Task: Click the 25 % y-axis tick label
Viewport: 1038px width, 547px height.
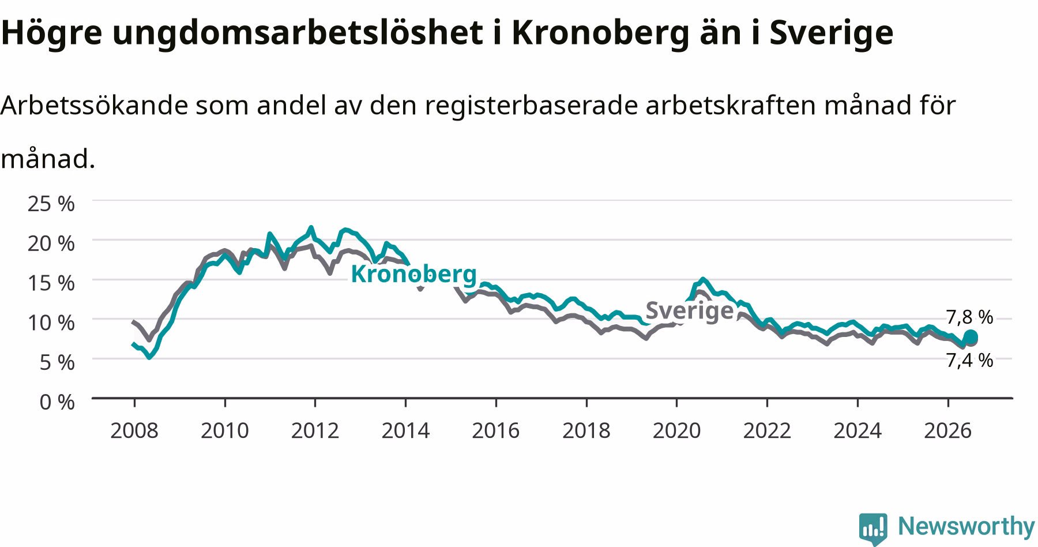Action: point(51,204)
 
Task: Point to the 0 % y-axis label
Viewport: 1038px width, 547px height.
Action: point(57,402)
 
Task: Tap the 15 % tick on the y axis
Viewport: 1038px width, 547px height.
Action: point(51,283)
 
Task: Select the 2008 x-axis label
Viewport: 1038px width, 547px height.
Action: point(134,430)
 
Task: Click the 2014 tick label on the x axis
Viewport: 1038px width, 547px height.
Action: point(405,430)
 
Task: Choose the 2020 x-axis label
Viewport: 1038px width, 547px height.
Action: point(676,430)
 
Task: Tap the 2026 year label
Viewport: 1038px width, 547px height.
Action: point(948,430)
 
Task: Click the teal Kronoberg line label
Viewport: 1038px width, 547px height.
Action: point(414,274)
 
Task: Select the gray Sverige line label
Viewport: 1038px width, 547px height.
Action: point(689,310)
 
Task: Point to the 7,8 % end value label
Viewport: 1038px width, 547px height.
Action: point(969,317)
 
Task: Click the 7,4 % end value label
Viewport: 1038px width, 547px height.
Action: point(969,361)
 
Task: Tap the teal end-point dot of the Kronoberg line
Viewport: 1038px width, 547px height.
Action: point(971,336)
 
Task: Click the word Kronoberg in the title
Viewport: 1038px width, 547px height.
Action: point(600,32)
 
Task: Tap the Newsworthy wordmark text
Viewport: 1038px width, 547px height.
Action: point(966,526)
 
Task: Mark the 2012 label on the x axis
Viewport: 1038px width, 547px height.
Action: point(315,430)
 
